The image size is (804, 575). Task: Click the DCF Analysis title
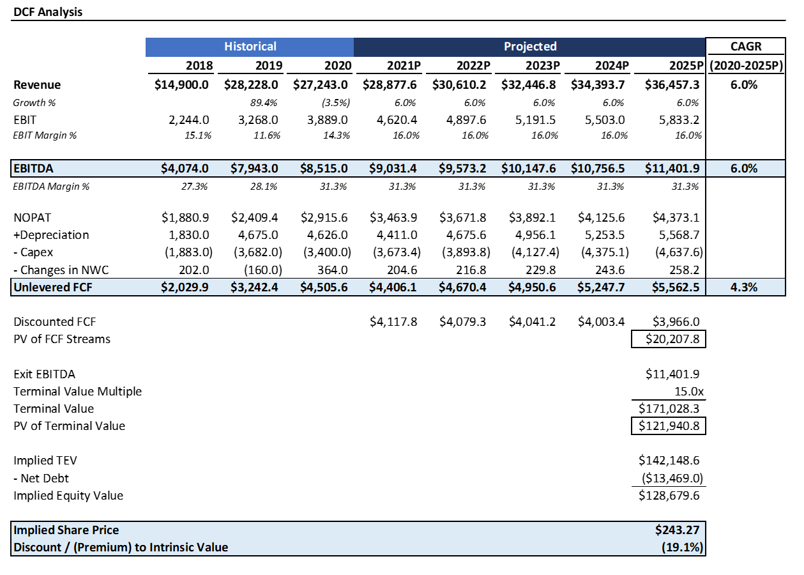click(x=48, y=11)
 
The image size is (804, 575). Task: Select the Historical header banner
click(x=250, y=47)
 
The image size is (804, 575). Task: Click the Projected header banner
click(x=529, y=47)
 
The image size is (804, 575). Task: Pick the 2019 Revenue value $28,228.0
click(x=253, y=85)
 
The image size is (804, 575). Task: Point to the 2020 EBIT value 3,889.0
click(x=327, y=119)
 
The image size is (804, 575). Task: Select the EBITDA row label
click(x=33, y=169)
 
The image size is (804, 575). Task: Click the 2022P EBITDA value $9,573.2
click(x=462, y=169)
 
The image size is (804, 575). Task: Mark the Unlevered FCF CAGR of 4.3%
click(x=744, y=287)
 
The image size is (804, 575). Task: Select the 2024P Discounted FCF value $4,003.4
click(x=600, y=322)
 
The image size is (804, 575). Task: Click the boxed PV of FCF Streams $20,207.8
click(x=669, y=339)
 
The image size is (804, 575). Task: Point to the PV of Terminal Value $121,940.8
click(x=669, y=426)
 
